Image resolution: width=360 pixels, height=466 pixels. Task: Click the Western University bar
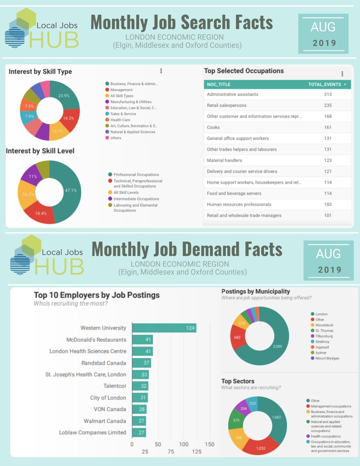[164, 328]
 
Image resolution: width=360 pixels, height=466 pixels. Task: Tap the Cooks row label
[213, 127]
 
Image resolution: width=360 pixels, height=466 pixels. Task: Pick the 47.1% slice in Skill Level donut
[70, 191]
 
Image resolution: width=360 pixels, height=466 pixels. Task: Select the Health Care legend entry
[120, 120]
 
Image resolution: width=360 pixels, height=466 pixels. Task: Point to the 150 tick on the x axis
[210, 444]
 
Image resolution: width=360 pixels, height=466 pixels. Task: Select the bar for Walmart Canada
[139, 421]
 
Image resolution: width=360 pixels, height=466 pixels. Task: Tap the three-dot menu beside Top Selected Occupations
[342, 74]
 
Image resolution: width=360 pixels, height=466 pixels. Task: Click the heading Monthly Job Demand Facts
[186, 249]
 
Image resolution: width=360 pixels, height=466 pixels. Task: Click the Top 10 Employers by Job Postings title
[97, 295]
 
